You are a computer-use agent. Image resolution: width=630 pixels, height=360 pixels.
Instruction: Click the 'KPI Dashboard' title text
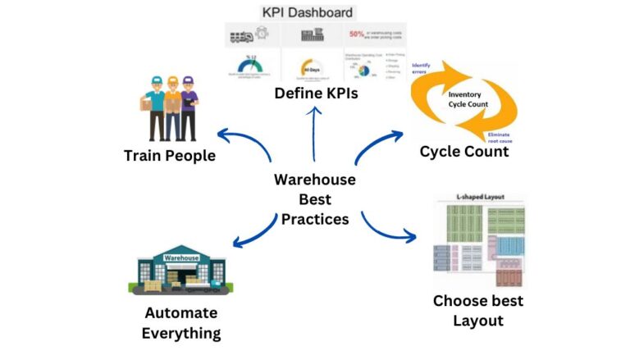pyautogui.click(x=308, y=12)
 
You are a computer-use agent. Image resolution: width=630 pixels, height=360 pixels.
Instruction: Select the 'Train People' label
pyautogui.click(x=170, y=155)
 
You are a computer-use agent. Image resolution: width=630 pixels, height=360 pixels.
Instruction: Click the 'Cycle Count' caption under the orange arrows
pyautogui.click(x=464, y=152)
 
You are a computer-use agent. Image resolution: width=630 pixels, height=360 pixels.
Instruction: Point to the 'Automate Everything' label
pyautogui.click(x=180, y=323)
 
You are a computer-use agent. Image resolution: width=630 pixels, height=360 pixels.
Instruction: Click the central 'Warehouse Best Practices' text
pyautogui.click(x=314, y=199)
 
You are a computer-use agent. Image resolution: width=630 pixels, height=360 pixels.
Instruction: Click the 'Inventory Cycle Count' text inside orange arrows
pyautogui.click(x=464, y=99)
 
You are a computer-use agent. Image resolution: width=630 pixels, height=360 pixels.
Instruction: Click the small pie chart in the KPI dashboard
pyautogui.click(x=365, y=67)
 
